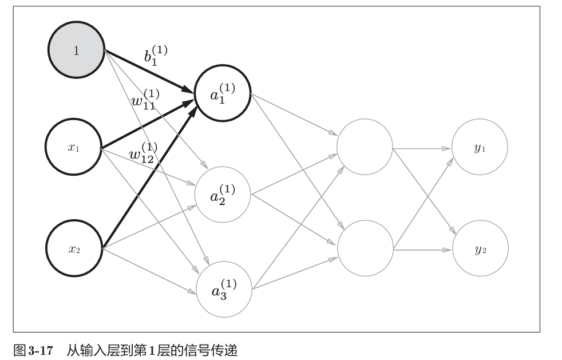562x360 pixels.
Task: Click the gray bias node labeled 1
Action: pyautogui.click(x=76, y=51)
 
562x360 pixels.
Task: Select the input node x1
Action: pyautogui.click(x=74, y=148)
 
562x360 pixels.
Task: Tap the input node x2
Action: pyautogui.click(x=74, y=249)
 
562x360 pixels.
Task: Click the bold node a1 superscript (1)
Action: pyautogui.click(x=223, y=93)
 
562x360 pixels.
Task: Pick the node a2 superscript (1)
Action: pyautogui.click(x=223, y=194)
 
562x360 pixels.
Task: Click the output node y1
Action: pyautogui.click(x=480, y=148)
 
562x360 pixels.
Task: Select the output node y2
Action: pyautogui.click(x=480, y=250)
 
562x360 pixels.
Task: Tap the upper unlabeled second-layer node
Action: pyautogui.click(x=365, y=147)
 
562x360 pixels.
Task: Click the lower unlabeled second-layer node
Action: pyautogui.click(x=365, y=248)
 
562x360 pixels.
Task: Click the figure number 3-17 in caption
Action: pyautogui.click(x=39, y=349)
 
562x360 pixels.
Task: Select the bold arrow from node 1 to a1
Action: pyautogui.click(x=147, y=70)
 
